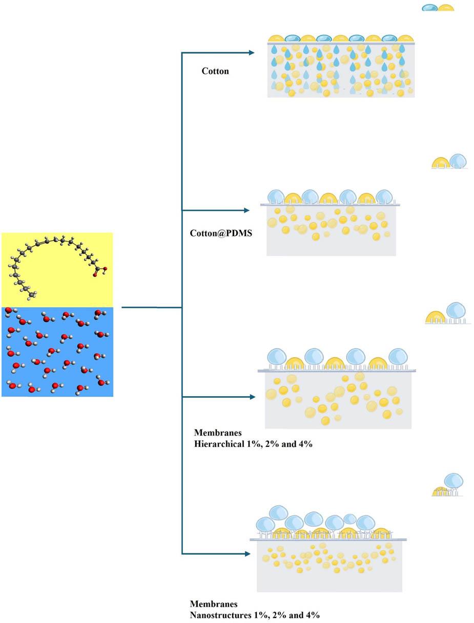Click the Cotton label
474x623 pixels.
pos(215,71)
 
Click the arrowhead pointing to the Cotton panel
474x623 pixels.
pos(251,52)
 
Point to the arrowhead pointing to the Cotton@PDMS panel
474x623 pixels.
pos(246,210)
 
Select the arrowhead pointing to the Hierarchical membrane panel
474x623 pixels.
pos(252,397)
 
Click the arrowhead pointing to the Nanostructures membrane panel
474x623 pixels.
pos(247,553)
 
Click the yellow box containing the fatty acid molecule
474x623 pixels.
pos(57,269)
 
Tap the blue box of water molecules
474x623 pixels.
pos(57,352)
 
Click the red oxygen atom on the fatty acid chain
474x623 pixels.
pos(95,275)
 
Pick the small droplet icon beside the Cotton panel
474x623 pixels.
pos(438,8)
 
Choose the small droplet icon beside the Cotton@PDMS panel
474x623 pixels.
pos(449,162)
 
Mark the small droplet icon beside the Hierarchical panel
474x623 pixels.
pos(447,313)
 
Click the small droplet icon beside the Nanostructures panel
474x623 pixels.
pos(448,485)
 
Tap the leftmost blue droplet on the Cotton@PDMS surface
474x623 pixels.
pos(276,197)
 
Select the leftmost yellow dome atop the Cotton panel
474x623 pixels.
pos(276,38)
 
